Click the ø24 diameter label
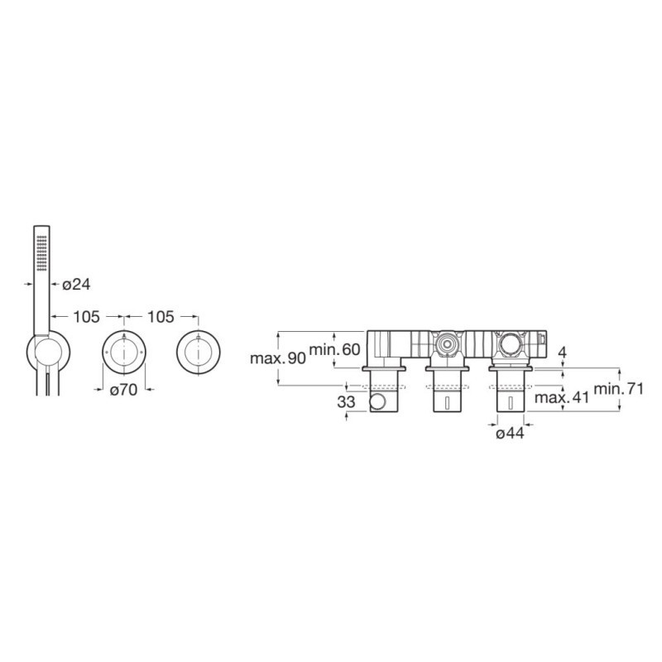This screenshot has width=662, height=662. point(76,285)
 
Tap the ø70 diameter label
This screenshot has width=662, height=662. point(123,390)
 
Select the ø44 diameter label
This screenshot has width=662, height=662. point(511,433)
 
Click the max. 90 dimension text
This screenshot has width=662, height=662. point(278,358)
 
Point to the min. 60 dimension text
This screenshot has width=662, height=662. point(335,349)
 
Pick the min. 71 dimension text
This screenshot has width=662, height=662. point(619,388)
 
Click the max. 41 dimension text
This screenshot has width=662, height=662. point(562,397)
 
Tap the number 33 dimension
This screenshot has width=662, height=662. point(346,402)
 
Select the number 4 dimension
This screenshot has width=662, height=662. point(563,353)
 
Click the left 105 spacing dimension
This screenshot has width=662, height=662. point(87,316)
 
